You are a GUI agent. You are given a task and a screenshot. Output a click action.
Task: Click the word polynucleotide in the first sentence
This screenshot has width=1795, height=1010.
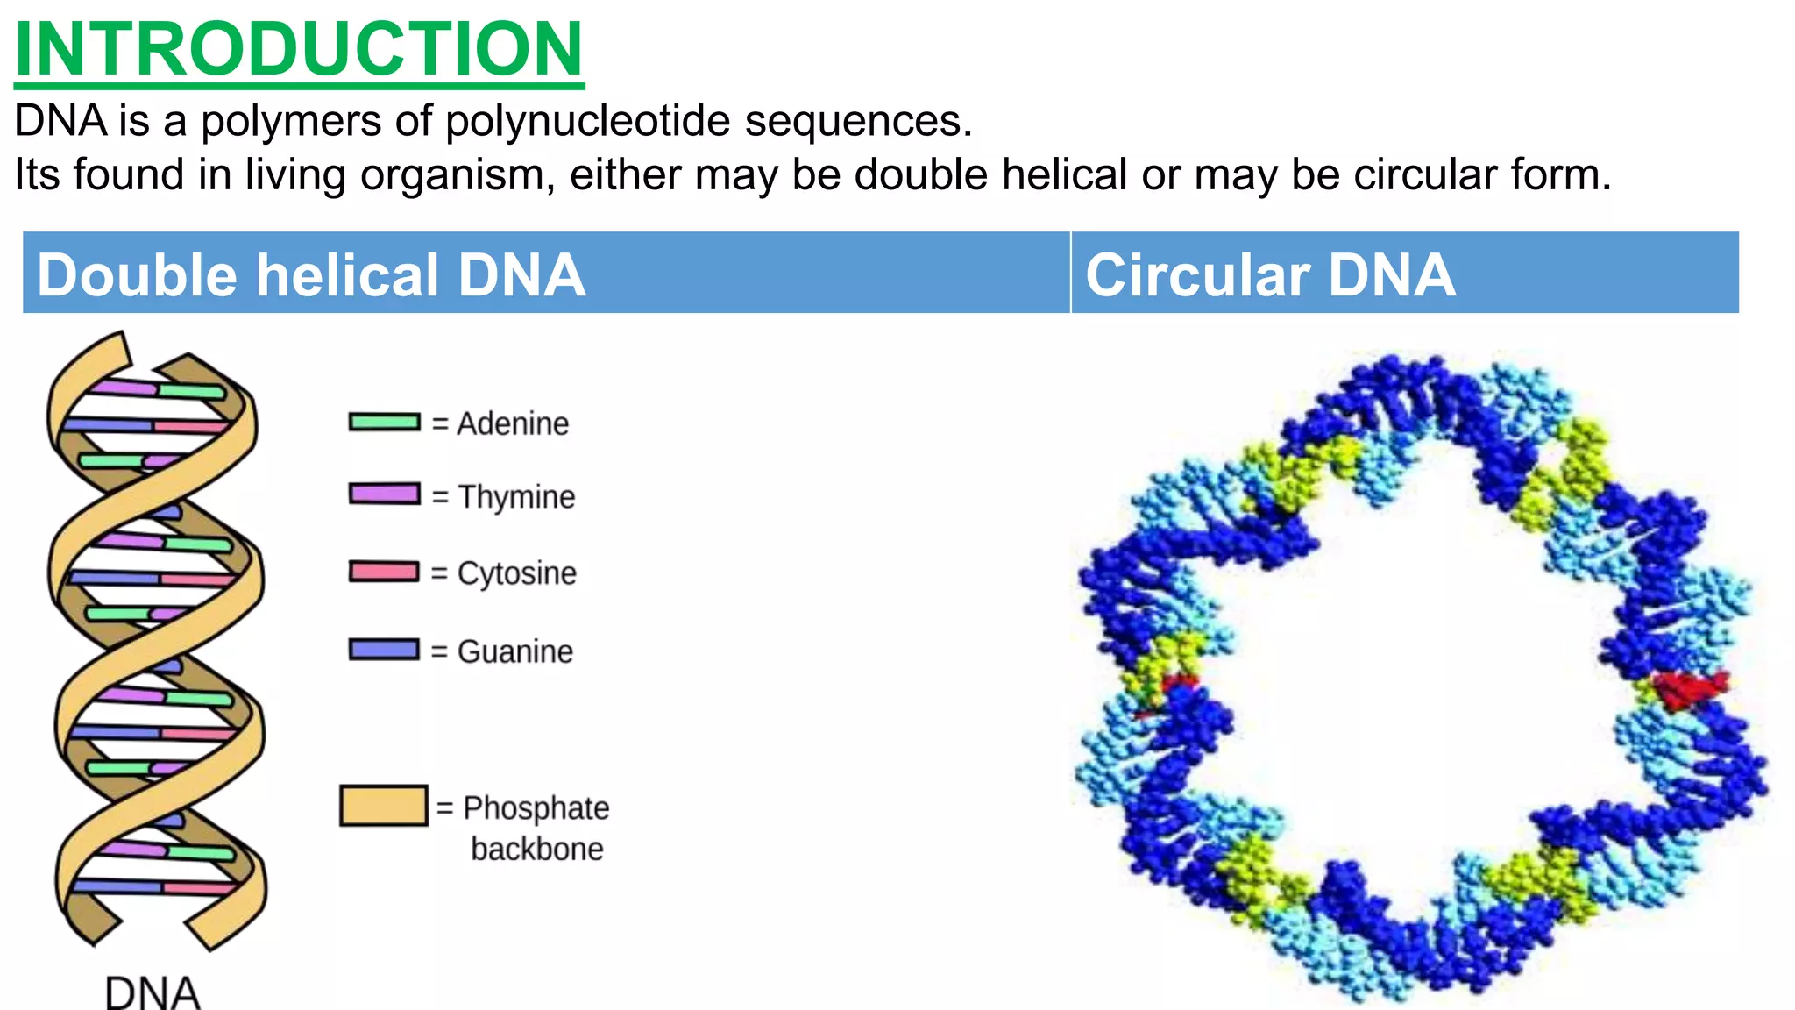click(x=587, y=121)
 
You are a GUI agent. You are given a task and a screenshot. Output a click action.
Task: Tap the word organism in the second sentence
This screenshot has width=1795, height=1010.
click(x=457, y=175)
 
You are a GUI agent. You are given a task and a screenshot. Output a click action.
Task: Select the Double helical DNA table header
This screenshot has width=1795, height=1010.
click(x=311, y=274)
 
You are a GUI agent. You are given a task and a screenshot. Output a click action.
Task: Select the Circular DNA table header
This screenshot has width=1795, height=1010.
click(x=1270, y=274)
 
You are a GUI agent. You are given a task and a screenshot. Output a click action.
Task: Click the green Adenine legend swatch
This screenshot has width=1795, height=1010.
click(x=385, y=423)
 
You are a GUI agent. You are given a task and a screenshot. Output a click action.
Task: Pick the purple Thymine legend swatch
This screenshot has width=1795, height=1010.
click(x=385, y=494)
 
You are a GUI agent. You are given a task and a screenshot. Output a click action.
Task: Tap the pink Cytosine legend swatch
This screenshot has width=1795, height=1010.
click(x=385, y=572)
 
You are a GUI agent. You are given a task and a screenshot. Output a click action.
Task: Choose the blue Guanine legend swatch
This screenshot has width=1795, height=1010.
click(x=385, y=650)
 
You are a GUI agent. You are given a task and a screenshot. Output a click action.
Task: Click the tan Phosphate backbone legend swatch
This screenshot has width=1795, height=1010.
click(x=384, y=806)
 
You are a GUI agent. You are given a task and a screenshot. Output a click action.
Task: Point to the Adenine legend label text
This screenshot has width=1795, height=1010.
click(x=513, y=424)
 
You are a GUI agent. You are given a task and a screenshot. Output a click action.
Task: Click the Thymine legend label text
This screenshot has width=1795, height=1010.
click(x=516, y=497)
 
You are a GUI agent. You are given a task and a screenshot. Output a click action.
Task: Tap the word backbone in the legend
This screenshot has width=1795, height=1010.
click(x=536, y=849)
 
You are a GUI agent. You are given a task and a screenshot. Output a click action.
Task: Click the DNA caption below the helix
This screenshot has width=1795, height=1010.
click(x=153, y=993)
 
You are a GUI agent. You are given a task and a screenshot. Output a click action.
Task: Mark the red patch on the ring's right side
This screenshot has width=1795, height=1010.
click(x=1688, y=689)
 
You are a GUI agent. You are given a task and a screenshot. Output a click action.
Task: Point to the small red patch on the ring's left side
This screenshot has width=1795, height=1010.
click(x=1179, y=683)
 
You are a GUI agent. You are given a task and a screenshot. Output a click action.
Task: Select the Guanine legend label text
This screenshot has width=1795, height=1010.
click(x=514, y=651)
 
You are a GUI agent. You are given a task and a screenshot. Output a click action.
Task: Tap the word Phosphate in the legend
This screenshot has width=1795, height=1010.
click(x=536, y=807)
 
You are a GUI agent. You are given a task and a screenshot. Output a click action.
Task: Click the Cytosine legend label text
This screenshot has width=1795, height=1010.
click(x=516, y=573)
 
